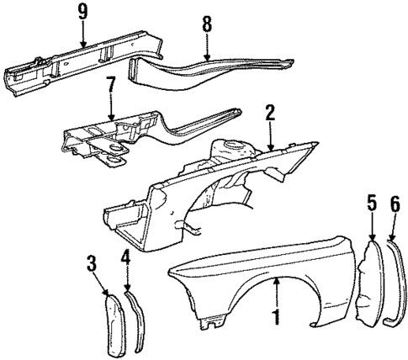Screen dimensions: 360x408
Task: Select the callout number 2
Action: pyautogui.click(x=270, y=114)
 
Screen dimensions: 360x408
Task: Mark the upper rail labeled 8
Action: pyautogui.click(x=210, y=71)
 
